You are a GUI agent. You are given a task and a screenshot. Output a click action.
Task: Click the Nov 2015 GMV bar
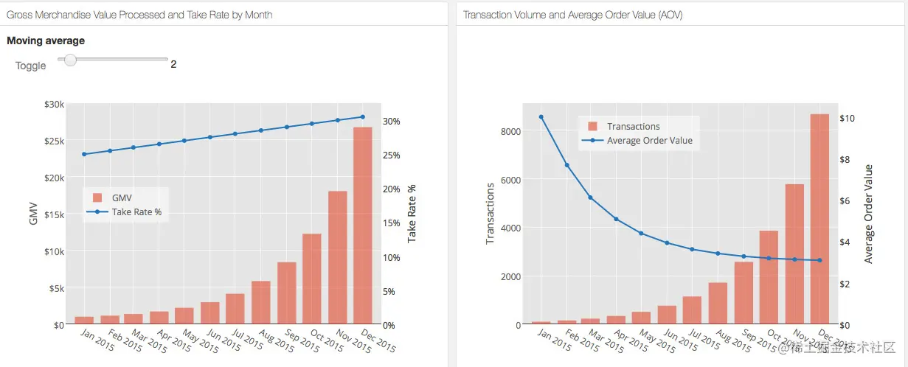click(x=338, y=257)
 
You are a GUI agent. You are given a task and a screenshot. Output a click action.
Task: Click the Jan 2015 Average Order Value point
click(x=541, y=116)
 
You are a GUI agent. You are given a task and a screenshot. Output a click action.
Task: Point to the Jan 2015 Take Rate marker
click(x=84, y=154)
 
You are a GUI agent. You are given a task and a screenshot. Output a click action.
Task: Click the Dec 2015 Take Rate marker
click(x=363, y=116)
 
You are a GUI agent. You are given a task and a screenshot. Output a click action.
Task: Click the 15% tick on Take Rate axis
click(x=392, y=223)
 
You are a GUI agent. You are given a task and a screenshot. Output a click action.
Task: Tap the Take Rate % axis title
click(x=412, y=214)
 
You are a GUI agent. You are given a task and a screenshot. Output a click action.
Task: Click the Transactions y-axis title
click(x=491, y=214)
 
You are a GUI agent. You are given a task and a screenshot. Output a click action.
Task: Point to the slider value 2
click(x=173, y=64)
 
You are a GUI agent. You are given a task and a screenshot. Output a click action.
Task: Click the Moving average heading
click(x=46, y=41)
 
